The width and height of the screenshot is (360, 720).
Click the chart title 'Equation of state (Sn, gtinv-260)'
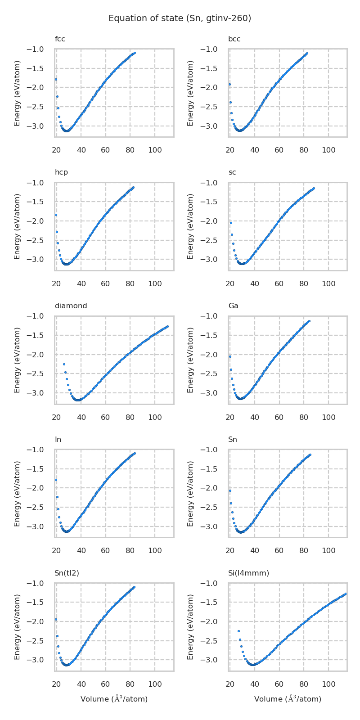coord(180,18)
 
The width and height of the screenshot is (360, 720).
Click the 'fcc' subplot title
coord(60,39)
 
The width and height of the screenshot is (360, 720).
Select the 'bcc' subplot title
coord(234,39)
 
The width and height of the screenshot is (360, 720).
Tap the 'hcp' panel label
coord(61,172)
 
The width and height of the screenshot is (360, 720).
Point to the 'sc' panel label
coord(232,172)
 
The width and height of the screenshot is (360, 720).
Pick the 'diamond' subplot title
coord(71,306)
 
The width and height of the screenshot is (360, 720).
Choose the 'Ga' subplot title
coord(233,306)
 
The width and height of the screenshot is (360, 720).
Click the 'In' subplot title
coord(58,440)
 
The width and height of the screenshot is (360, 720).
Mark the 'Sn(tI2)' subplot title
coord(67,573)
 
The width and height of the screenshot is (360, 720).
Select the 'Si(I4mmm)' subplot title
coord(248,573)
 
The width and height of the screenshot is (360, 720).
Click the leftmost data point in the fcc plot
coord(56,79)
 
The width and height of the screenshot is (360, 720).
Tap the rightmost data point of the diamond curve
coord(167,326)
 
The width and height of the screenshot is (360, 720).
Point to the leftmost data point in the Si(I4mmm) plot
coord(238,631)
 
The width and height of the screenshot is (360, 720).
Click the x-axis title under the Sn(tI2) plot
coord(114,699)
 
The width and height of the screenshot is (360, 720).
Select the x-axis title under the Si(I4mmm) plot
coord(288,699)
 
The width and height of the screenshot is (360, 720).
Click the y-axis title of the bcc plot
coord(191,93)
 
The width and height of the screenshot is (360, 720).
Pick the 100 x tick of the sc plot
coord(328,284)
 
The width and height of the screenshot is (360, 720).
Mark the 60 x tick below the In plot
coord(105,551)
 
